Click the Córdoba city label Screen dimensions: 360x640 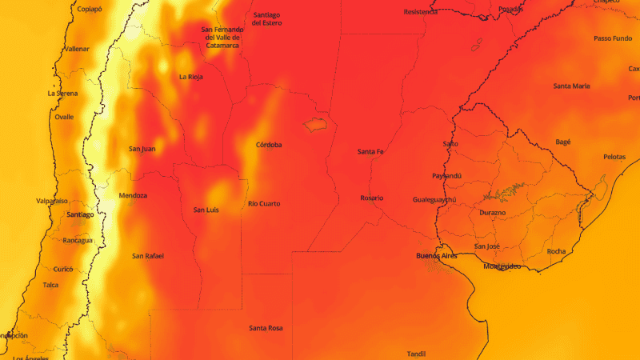coord(269,145)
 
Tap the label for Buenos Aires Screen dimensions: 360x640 coord(436,255)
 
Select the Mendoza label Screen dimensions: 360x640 coord(132,196)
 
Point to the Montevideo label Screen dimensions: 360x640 coord(502,266)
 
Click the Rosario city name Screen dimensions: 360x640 coord(371,198)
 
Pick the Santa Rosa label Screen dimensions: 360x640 coord(265,328)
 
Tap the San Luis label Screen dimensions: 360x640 coord(206,210)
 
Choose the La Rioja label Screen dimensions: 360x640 coord(190,77)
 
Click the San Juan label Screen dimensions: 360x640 coord(142,149)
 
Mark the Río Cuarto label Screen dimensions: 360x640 coord(264,204)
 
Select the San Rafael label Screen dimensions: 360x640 coord(148,256)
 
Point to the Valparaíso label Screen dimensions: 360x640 coord(52,201)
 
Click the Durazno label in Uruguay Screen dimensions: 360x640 coord(492,213)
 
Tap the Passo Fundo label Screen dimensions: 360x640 coord(612,38)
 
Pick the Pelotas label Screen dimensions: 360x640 coord(614,157)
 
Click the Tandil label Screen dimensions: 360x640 coord(416,353)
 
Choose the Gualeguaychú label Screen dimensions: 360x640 coord(434,199)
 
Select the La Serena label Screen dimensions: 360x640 coord(62,94)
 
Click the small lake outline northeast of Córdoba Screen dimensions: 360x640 coord(314,125)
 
